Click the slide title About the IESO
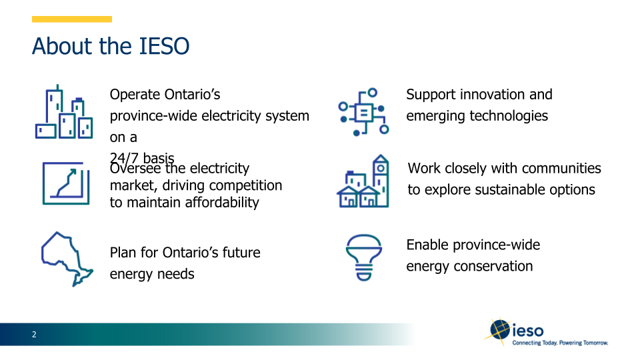coord(111,47)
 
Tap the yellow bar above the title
coord(72,19)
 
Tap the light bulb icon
coord(363,257)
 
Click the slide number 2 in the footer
coord(34,335)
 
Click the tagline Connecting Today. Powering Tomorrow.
coord(560,343)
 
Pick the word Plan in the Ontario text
coord(125,253)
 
